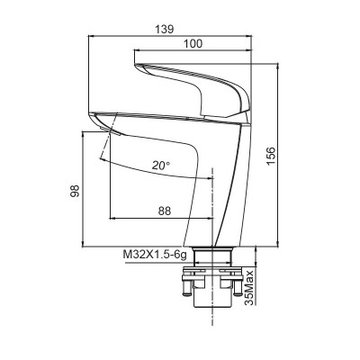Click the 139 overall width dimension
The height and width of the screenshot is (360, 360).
(x=164, y=28)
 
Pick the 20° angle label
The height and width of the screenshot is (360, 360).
(x=161, y=166)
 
